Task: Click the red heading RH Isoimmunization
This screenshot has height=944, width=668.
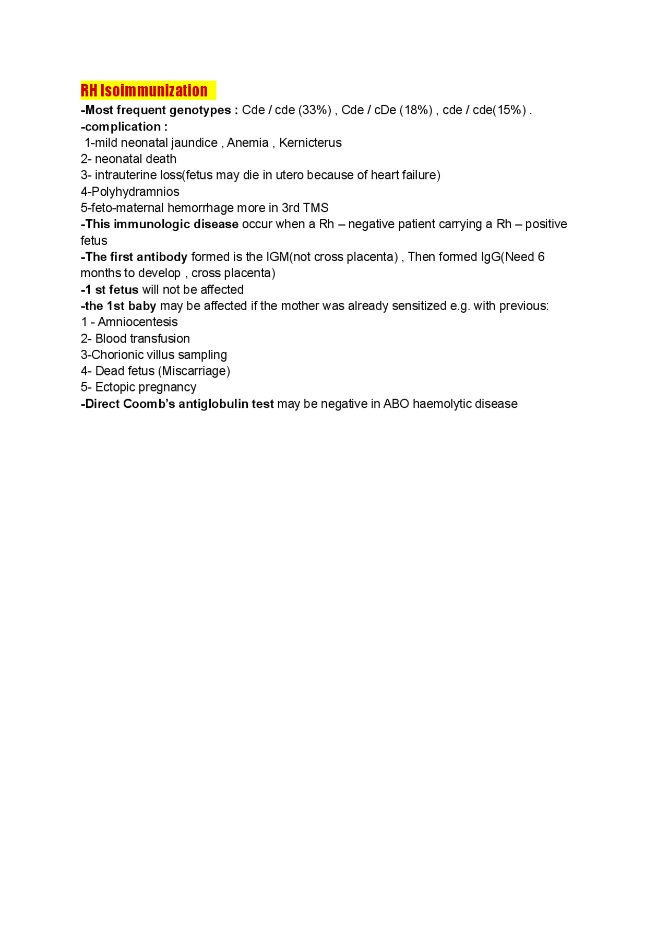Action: (144, 90)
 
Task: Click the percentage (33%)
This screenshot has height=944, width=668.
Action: (315, 110)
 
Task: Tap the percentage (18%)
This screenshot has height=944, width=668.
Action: (416, 110)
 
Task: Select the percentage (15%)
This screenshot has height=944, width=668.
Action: (510, 110)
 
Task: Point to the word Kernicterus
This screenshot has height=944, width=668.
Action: (311, 143)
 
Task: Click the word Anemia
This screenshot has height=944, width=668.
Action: (247, 143)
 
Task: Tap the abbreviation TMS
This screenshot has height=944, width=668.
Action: (316, 208)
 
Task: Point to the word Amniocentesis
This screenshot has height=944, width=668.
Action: (138, 322)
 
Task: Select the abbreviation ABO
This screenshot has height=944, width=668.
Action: (396, 404)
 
